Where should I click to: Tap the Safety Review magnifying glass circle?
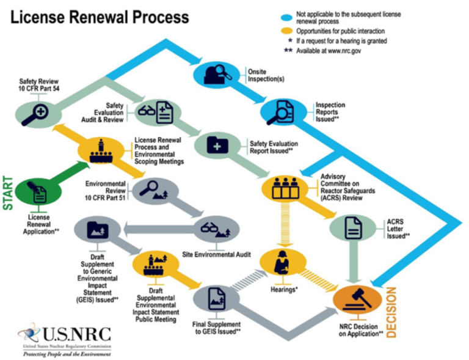[35, 113]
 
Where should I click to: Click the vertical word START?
[9, 191]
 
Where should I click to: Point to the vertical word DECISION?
[391, 309]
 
